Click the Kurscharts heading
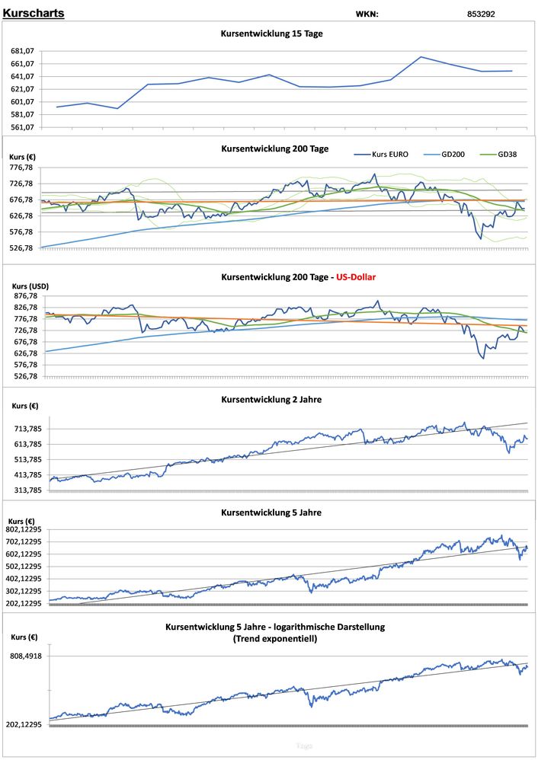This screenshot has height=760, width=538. click(34, 13)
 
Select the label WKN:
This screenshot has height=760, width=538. click(367, 14)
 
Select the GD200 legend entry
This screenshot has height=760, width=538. click(454, 154)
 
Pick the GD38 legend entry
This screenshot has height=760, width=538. click(508, 154)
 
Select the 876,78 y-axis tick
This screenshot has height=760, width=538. click(26, 296)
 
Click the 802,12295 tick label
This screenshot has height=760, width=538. click(24, 529)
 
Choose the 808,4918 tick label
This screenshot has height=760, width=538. click(26, 656)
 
